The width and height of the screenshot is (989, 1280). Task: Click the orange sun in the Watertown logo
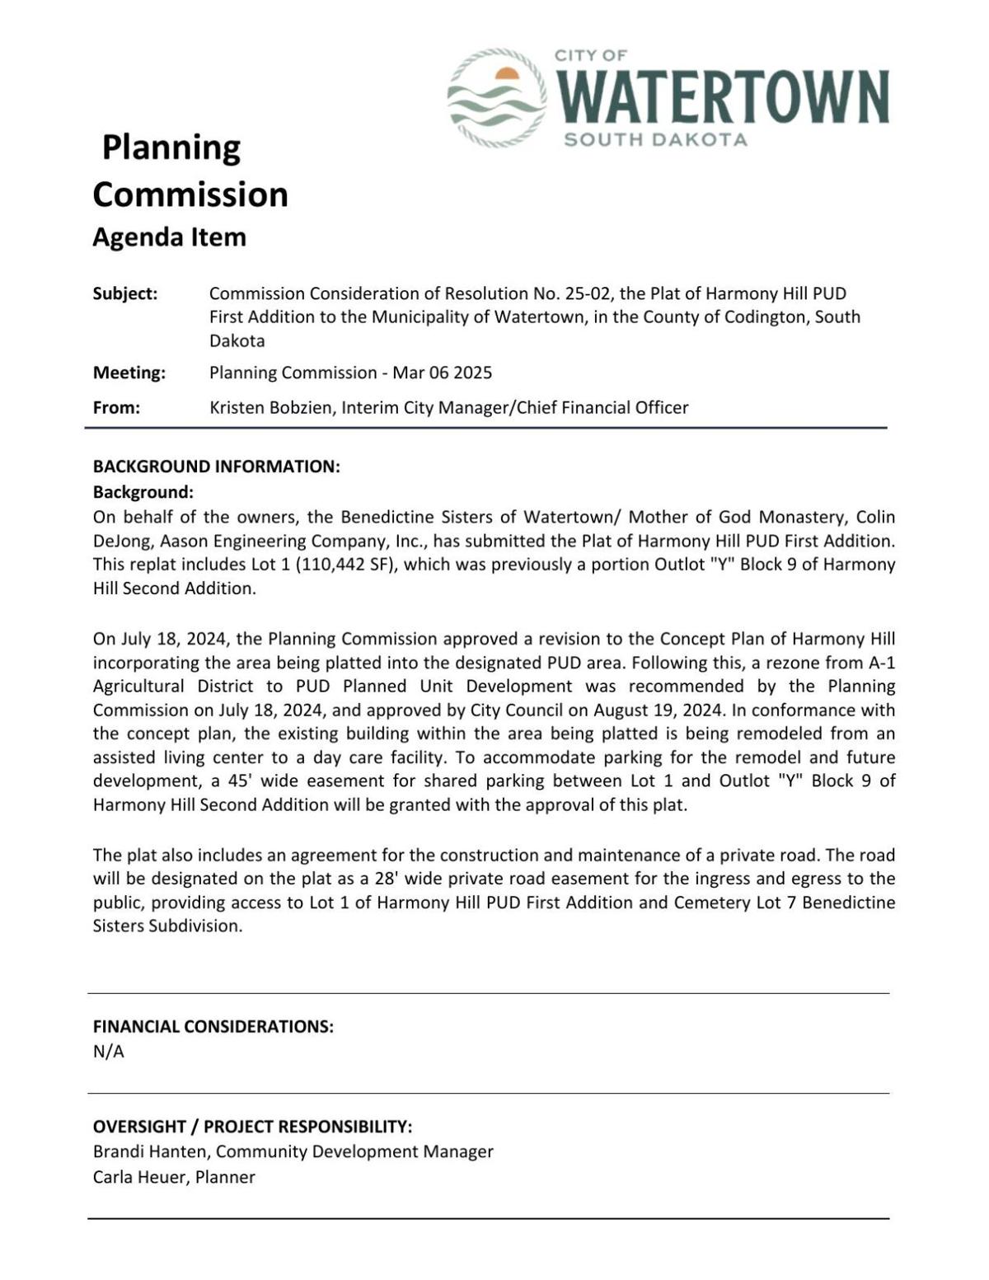click(x=507, y=75)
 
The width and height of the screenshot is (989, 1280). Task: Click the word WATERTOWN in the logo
click(x=724, y=97)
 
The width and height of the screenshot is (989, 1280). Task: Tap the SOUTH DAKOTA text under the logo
click(x=655, y=139)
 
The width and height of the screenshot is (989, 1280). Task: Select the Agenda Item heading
click(x=169, y=237)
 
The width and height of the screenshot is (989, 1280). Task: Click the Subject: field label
click(x=125, y=294)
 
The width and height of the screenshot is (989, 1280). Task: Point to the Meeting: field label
click(x=129, y=373)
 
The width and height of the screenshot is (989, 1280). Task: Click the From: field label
click(x=116, y=407)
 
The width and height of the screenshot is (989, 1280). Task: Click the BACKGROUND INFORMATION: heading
click(x=216, y=467)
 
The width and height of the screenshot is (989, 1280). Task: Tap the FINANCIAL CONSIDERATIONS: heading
click(x=213, y=1027)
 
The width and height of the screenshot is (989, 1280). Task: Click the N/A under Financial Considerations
click(x=108, y=1052)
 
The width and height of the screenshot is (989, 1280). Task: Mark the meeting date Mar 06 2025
click(x=442, y=373)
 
